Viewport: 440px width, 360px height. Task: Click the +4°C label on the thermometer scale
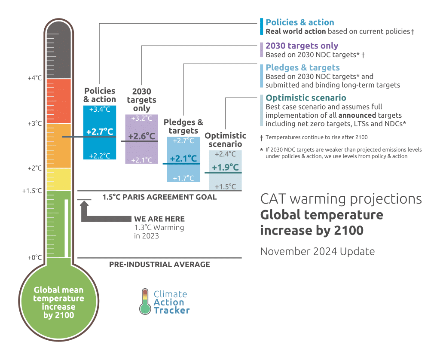[x=35, y=78]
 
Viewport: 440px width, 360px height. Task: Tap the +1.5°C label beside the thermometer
[x=32, y=190]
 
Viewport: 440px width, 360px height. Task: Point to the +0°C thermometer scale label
[x=35, y=258]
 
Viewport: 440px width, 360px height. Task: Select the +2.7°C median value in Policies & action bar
[x=100, y=132]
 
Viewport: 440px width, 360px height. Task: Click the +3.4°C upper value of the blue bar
[x=100, y=110]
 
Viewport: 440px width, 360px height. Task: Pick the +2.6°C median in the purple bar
[x=141, y=136]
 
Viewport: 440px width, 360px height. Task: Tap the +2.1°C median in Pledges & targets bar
[x=183, y=159]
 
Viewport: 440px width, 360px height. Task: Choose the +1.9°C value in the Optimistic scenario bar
[x=225, y=167]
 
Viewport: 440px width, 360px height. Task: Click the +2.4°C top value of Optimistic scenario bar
[x=225, y=154]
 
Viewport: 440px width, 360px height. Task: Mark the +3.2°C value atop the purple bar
[x=141, y=119]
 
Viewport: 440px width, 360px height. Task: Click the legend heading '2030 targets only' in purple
[x=302, y=46]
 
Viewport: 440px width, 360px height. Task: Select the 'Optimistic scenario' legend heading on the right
[x=306, y=98]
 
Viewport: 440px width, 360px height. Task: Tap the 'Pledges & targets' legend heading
[x=302, y=67]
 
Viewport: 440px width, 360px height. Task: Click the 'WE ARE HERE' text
[x=159, y=219]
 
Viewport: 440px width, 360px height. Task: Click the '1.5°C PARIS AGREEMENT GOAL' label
[x=159, y=197]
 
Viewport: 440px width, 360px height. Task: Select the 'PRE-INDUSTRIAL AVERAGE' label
[x=159, y=264]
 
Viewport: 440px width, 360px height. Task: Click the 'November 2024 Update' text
[x=317, y=251]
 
